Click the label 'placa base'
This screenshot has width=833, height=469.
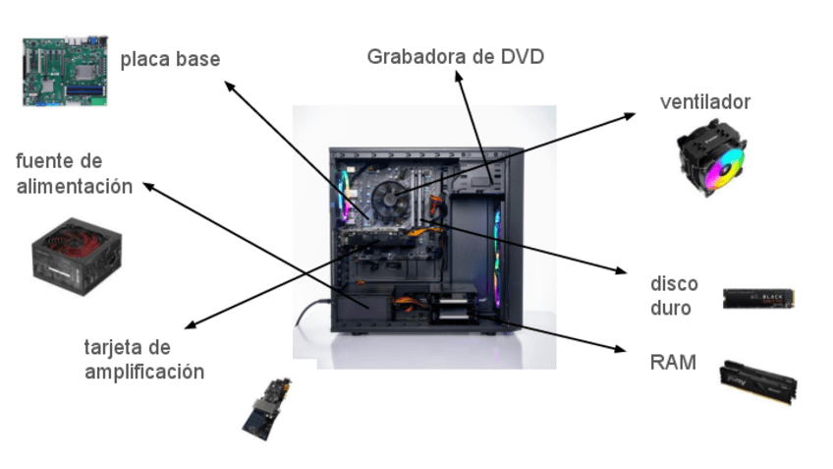(170, 60)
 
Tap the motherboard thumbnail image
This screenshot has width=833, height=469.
(65, 70)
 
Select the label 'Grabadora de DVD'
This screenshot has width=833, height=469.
(455, 56)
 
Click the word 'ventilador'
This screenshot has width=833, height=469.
(705, 102)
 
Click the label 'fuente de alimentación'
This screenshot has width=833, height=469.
(74, 173)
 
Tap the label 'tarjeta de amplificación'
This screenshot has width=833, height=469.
(144, 359)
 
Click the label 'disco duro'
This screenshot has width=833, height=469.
(674, 296)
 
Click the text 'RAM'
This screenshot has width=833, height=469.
(673, 363)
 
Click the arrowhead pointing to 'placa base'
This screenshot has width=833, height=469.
(228, 85)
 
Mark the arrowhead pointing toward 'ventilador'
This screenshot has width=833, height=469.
(631, 116)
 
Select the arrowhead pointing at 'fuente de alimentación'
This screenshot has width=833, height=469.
(147, 184)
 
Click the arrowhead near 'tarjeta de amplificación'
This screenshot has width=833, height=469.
(189, 326)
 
